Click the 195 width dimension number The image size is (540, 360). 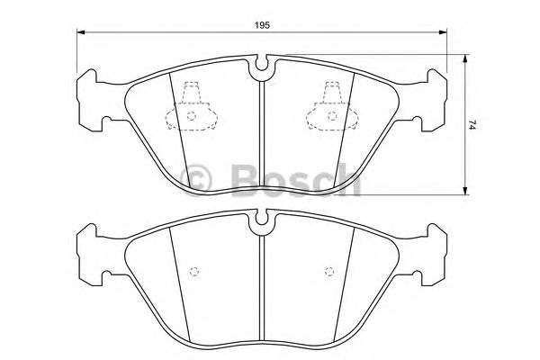[x=262, y=24]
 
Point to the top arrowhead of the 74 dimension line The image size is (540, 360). [x=464, y=60]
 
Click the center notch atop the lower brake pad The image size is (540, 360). [x=262, y=218]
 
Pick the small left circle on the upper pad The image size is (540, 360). [x=191, y=116]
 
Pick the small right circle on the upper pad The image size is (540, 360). [x=329, y=116]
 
